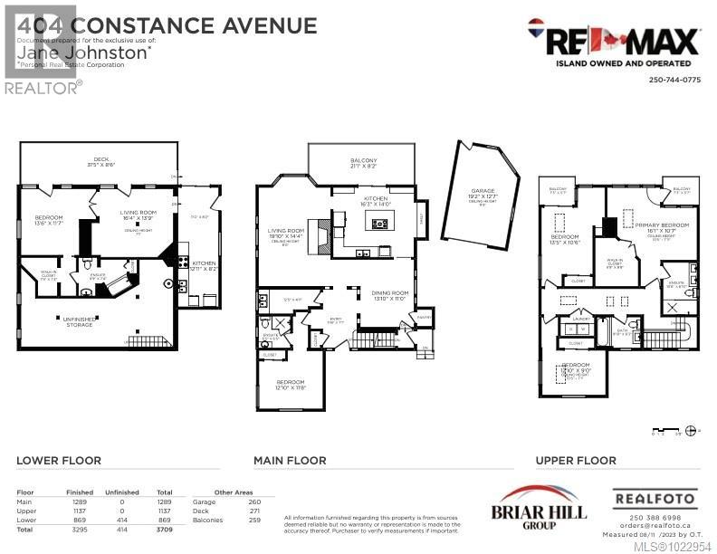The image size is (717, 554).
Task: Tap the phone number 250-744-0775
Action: pos(674,80)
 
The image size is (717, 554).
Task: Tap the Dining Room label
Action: pos(390,294)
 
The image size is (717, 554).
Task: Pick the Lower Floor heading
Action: pos(59,461)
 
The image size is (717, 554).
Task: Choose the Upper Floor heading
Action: pos(576,461)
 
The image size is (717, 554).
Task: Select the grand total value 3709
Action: pos(164,528)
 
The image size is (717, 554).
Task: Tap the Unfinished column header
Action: pos(120,492)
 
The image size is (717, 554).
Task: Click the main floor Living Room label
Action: pos(286,232)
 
